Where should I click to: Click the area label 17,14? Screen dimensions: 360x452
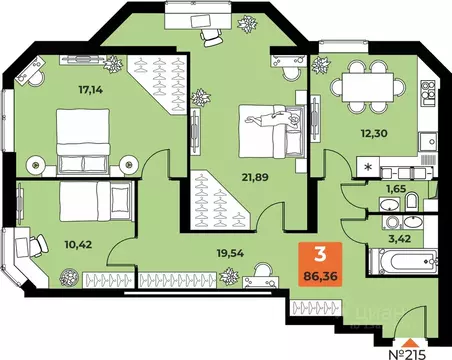point(90,87)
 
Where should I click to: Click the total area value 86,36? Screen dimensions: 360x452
point(320,271)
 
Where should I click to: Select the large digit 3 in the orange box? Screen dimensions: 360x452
point(319,252)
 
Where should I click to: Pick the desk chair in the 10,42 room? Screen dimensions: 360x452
point(40,241)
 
